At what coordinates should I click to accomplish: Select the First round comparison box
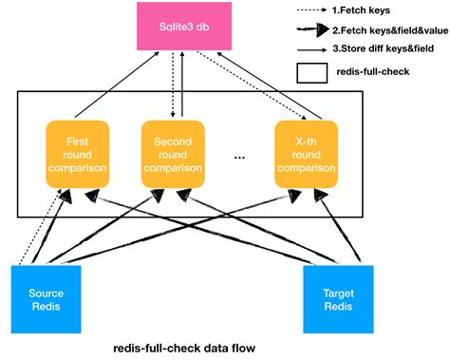click(x=79, y=155)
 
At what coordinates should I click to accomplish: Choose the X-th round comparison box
click(x=305, y=155)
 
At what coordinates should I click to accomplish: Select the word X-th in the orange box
click(x=305, y=142)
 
